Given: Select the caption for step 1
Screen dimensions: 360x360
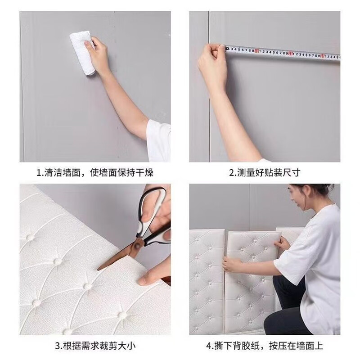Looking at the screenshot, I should point(95,172).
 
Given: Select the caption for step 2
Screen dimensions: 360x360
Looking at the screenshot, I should point(265,172).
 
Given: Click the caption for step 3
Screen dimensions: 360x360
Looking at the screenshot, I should point(95,346).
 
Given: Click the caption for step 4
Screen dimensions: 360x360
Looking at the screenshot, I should point(265,346).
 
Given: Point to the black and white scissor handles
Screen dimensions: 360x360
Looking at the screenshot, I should point(153,216).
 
